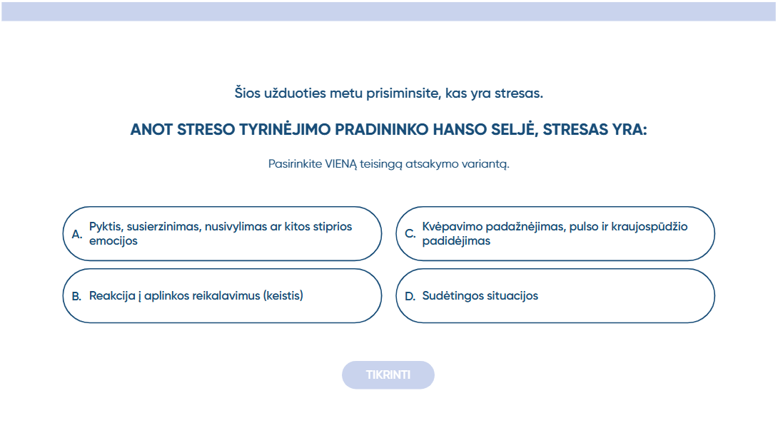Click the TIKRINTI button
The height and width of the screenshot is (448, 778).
tap(388, 375)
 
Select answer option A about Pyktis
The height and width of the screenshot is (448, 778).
tap(222, 234)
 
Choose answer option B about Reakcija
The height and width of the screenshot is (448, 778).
tap(222, 295)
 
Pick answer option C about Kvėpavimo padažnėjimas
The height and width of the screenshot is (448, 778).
tap(555, 234)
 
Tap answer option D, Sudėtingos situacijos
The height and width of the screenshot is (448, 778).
tap(555, 295)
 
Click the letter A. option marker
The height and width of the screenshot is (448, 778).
tap(77, 234)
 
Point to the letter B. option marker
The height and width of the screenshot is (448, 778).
tap(76, 296)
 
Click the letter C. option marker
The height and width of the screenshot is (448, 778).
tap(410, 234)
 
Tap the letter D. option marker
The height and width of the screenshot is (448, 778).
tap(410, 296)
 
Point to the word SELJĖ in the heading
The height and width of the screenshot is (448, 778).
tap(514, 129)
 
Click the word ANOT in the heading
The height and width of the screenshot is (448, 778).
tap(151, 130)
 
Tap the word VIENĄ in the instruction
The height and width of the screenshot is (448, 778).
tap(341, 164)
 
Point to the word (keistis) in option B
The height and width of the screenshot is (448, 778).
tap(283, 295)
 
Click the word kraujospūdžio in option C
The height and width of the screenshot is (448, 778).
tap(650, 227)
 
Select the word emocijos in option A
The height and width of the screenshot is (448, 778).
tap(113, 241)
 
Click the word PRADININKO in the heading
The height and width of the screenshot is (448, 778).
tap(382, 130)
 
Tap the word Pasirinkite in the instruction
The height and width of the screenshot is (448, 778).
tap(295, 164)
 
